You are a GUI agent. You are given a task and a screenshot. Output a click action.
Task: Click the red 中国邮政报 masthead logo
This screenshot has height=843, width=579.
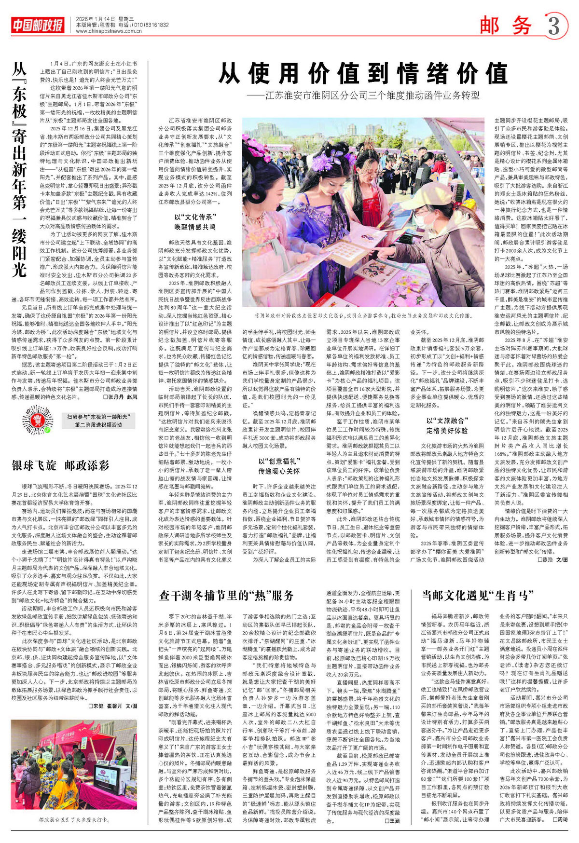click(x=38, y=25)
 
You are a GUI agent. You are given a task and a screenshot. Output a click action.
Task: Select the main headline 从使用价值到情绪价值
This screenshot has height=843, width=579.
click(x=363, y=74)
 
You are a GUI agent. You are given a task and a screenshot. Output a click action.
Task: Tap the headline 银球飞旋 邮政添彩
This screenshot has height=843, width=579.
click(x=61, y=465)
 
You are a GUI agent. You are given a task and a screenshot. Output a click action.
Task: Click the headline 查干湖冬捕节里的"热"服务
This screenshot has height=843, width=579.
click(x=226, y=596)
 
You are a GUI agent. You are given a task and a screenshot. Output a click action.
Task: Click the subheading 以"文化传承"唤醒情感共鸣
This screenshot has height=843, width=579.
click(x=195, y=222)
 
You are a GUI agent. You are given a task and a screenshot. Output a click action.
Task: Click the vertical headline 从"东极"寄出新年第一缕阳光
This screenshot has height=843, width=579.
click(x=19, y=169)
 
